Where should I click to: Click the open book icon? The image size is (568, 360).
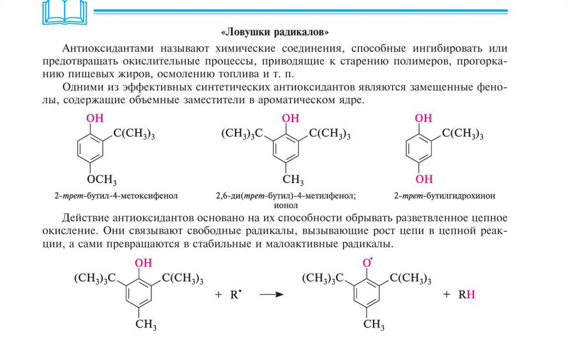pos(57,12)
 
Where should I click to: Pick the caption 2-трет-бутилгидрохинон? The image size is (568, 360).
pos(444,196)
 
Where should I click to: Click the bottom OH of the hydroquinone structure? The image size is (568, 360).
pos(424,179)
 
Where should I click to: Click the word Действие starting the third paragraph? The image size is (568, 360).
pos(84,217)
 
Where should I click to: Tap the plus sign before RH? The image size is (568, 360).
pos(447,295)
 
